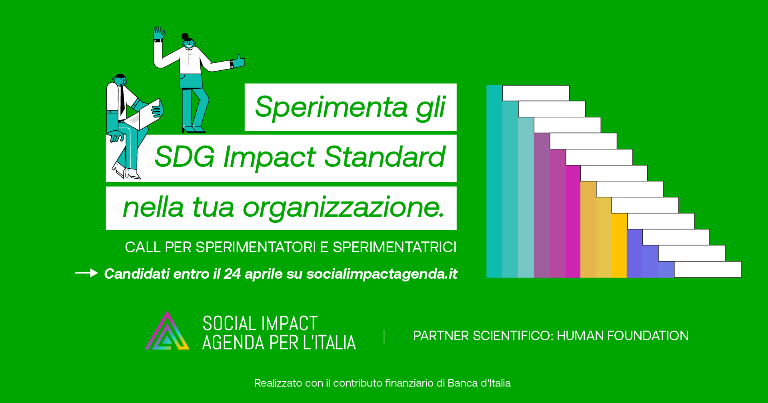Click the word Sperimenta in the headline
click(331, 107)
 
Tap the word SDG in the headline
click(184, 156)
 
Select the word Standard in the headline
click(384, 156)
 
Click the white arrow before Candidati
click(86, 273)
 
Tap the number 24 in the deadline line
click(232, 274)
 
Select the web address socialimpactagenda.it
click(382, 274)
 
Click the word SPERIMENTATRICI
click(394, 247)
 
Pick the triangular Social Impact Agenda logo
click(167, 331)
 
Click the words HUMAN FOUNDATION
click(622, 336)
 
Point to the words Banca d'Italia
click(479, 383)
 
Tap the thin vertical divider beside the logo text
click(384, 337)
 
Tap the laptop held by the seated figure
click(143, 115)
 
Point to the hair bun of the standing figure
click(185, 37)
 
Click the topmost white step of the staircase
click(536, 93)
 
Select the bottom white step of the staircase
click(708, 269)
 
